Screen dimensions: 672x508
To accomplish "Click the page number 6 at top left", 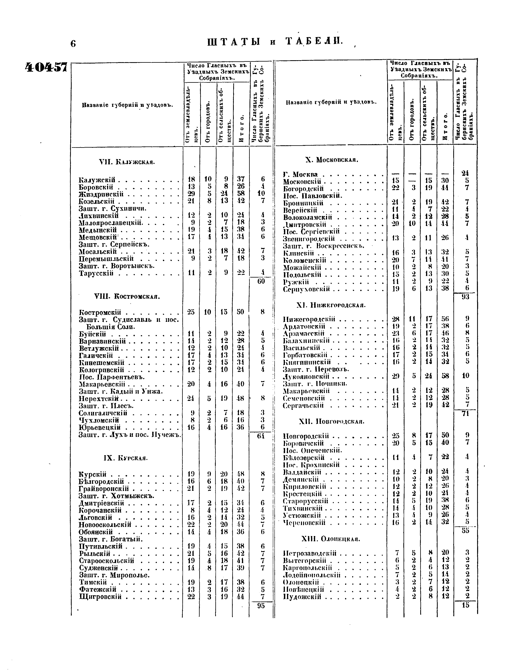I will coord(73,44).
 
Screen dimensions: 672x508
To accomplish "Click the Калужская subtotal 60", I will coord(261,281).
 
